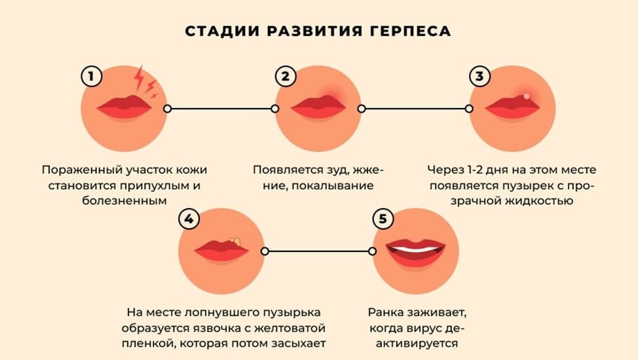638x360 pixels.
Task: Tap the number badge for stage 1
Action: click(x=92, y=77)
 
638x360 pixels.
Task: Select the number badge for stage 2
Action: click(x=285, y=77)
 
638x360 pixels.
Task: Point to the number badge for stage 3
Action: click(x=479, y=77)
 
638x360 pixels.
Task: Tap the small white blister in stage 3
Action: click(x=526, y=96)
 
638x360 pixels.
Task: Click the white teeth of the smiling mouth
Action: click(x=415, y=249)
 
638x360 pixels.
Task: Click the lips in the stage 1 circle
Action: click(x=124, y=107)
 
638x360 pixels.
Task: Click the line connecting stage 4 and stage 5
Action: click(x=318, y=251)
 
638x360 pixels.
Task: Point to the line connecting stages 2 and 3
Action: click(x=415, y=108)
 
